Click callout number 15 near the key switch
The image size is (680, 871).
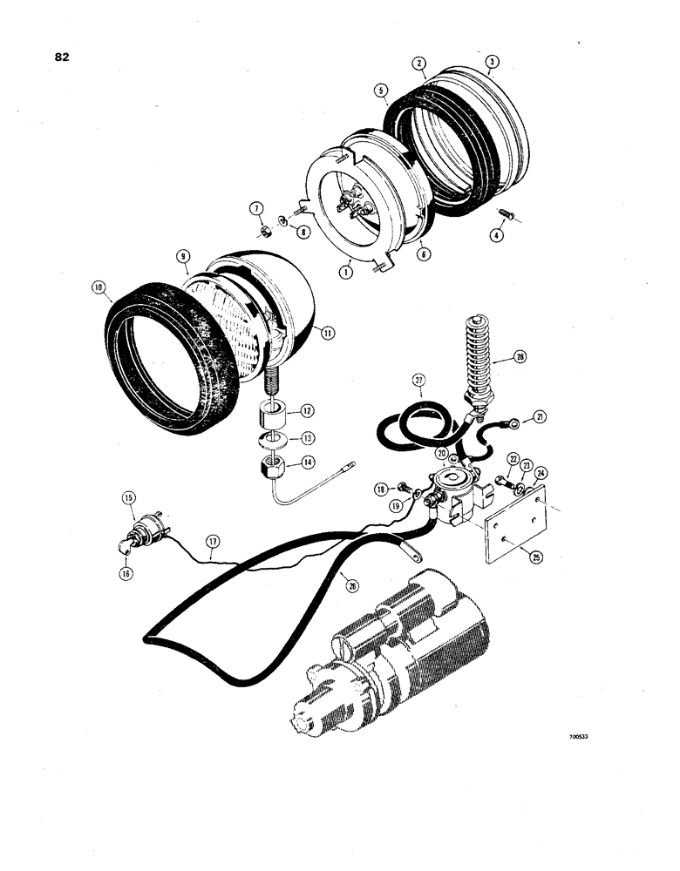[x=129, y=499]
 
